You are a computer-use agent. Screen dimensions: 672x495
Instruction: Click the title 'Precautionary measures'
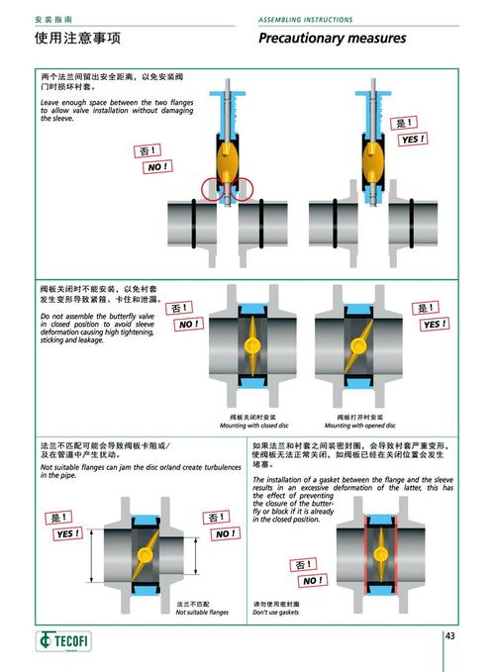pyautogui.click(x=332, y=39)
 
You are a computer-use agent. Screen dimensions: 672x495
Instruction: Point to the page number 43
pyautogui.click(x=450, y=635)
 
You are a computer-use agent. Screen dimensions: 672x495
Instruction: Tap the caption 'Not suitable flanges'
pyautogui.click(x=202, y=613)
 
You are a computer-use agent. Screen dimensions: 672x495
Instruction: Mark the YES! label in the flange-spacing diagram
pyautogui.click(x=412, y=140)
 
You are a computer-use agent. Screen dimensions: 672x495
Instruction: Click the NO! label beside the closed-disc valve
pyautogui.click(x=188, y=324)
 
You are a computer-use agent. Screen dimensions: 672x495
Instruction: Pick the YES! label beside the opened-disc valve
pyautogui.click(x=434, y=324)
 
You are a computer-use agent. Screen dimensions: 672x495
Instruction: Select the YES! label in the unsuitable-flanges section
pyautogui.click(x=68, y=533)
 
